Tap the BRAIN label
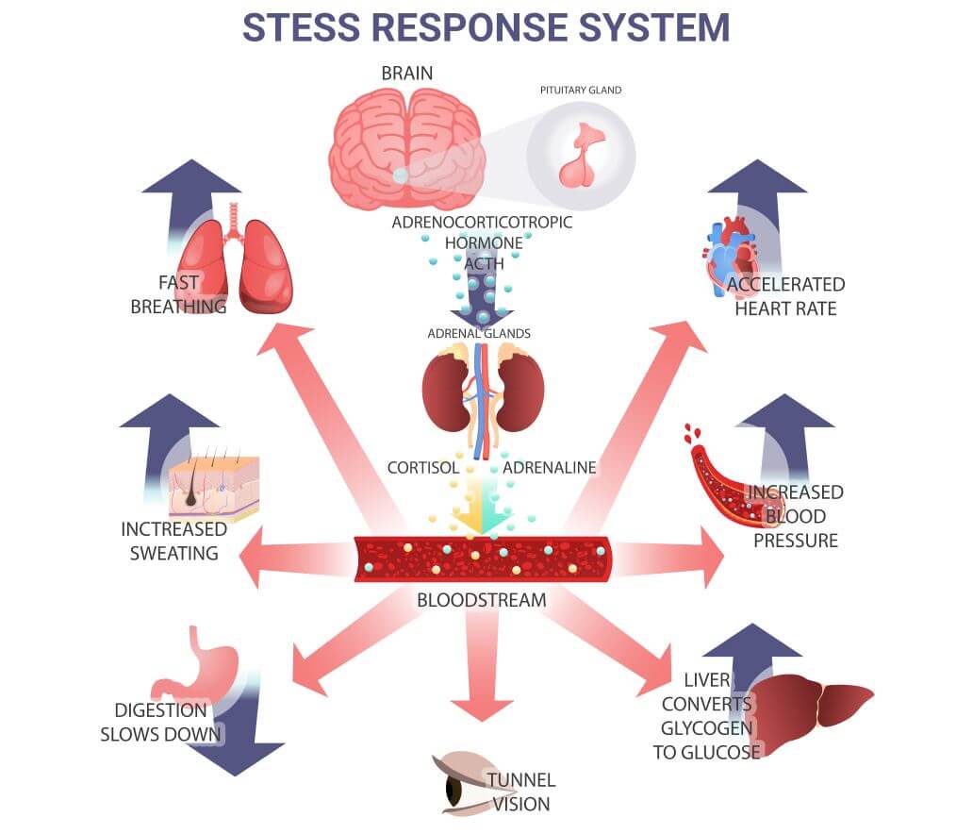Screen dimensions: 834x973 (406, 73)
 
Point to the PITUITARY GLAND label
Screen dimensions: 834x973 (581, 91)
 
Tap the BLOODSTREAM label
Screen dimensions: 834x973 (482, 599)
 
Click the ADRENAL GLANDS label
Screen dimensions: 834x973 (479, 333)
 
